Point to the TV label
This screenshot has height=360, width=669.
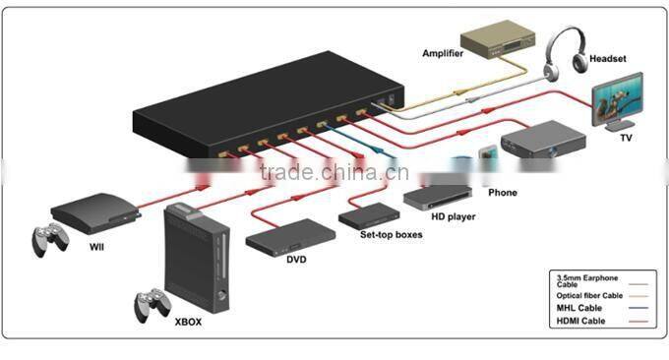[626, 139]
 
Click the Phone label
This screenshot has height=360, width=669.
[503, 192]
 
